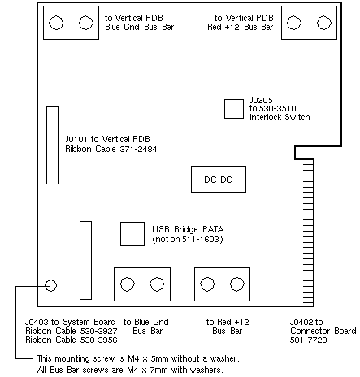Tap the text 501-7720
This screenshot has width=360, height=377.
[x=309, y=340]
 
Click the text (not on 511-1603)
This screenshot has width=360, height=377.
[x=188, y=239]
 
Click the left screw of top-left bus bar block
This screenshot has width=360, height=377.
[x=56, y=23]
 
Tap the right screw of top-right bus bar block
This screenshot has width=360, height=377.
[x=324, y=23]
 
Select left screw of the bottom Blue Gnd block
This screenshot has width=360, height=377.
[x=127, y=284]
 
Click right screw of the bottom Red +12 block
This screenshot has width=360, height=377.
[x=237, y=284]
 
